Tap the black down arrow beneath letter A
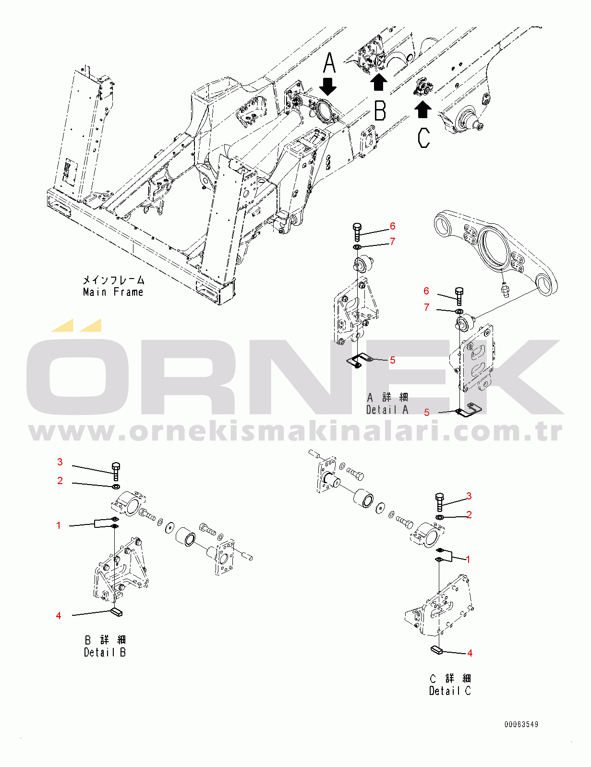point(328,86)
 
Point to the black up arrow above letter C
point(422,109)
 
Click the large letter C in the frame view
point(424,138)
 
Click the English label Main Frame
point(113,292)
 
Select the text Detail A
point(387,410)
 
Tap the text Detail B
point(105,652)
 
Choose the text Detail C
point(450,691)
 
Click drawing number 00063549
point(521,725)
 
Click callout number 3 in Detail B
point(60,462)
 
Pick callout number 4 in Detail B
point(59,616)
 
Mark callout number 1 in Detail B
point(59,525)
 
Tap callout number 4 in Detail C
point(470,653)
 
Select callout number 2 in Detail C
point(469,515)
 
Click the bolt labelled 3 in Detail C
point(440,502)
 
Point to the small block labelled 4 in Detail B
point(117,612)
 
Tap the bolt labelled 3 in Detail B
point(116,471)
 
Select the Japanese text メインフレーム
point(114,280)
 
